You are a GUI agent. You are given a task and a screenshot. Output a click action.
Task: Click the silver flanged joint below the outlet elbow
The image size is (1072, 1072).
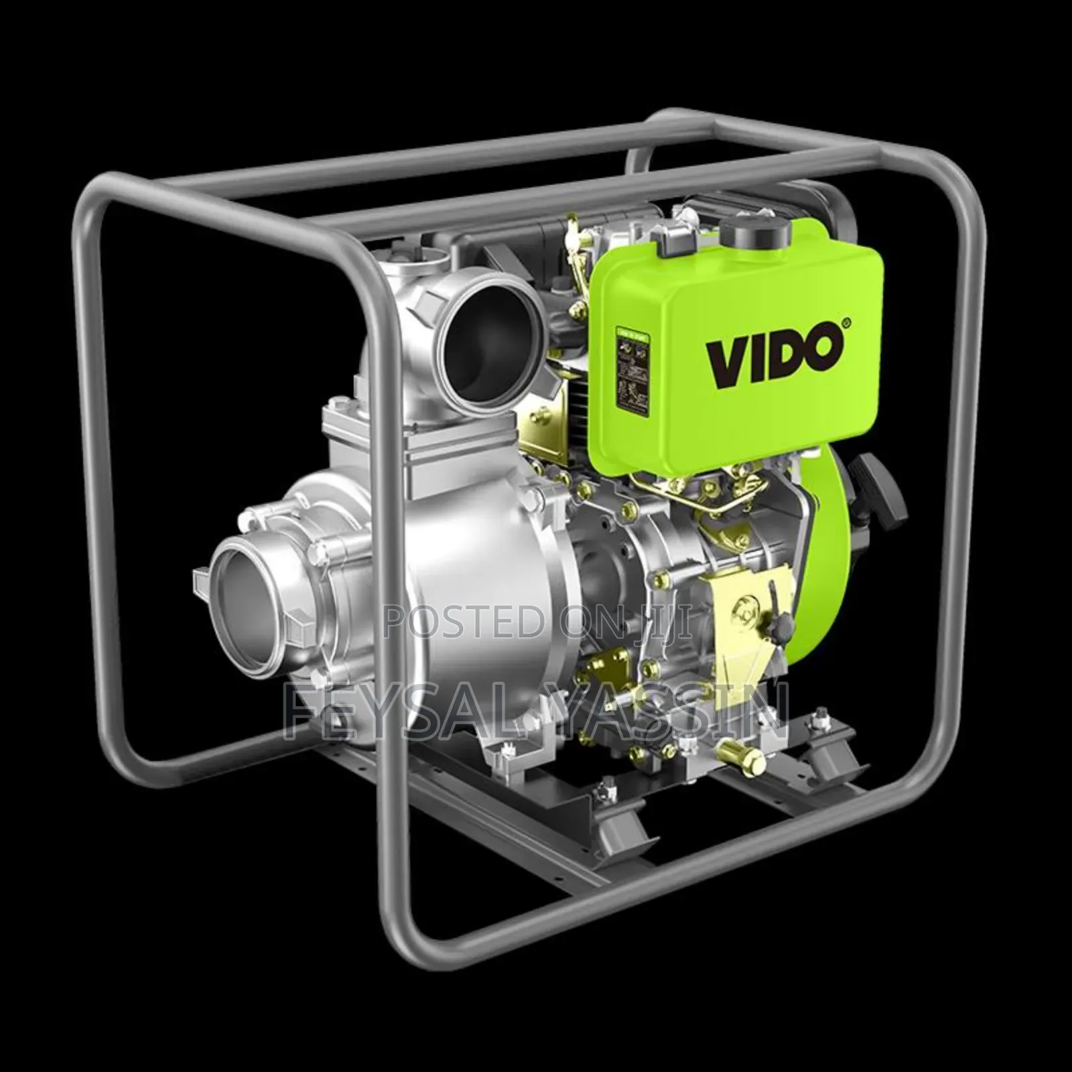pyautogui.click(x=355, y=429)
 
